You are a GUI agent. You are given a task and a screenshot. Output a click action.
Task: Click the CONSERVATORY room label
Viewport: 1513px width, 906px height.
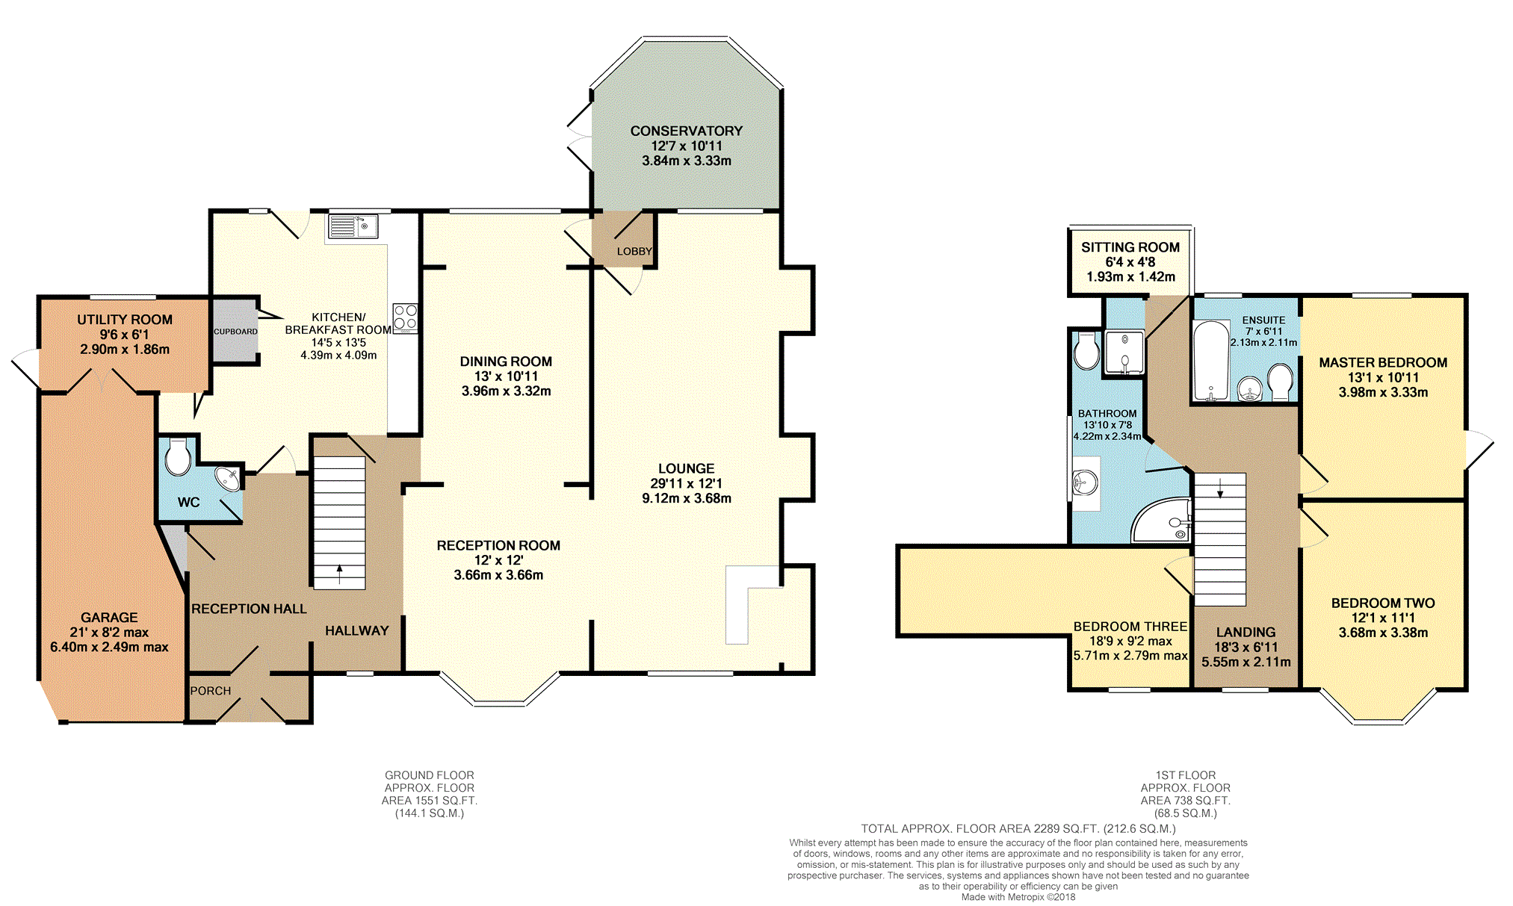[686, 131]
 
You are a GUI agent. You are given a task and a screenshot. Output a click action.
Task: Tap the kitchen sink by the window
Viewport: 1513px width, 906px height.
[353, 226]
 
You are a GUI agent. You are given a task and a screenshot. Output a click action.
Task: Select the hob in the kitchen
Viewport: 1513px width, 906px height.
[405, 317]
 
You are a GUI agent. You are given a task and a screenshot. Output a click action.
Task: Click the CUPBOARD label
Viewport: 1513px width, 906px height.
[235, 332]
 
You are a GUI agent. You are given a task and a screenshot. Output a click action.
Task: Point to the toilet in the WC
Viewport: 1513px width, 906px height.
[178, 457]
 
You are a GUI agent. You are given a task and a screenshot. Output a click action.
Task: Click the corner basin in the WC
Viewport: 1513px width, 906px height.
[228, 478]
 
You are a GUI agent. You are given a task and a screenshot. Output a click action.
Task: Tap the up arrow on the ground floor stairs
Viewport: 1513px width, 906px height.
[340, 574]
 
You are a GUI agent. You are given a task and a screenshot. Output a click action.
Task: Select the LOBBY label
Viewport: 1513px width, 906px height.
[634, 252]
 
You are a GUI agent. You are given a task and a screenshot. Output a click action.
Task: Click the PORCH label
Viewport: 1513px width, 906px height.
[211, 691]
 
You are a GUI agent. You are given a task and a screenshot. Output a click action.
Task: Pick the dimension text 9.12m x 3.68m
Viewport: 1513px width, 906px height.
[687, 498]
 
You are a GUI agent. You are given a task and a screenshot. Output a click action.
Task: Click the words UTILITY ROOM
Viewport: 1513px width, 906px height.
[125, 320]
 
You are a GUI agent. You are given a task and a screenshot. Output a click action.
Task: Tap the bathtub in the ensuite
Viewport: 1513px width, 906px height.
[1210, 361]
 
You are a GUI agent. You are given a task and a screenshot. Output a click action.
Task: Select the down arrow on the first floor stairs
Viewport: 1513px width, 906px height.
[1220, 488]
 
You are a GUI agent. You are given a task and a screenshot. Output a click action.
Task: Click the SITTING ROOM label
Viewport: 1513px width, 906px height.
[1130, 247]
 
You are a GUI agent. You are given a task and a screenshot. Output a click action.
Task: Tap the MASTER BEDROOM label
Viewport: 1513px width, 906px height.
[1383, 363]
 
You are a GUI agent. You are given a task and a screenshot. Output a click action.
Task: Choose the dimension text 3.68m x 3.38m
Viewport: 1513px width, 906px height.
[1383, 633]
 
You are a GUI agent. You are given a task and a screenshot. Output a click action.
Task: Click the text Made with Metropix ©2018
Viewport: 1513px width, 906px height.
[1018, 897]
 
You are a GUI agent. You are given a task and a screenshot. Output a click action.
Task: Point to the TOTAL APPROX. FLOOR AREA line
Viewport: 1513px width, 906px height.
[1018, 828]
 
